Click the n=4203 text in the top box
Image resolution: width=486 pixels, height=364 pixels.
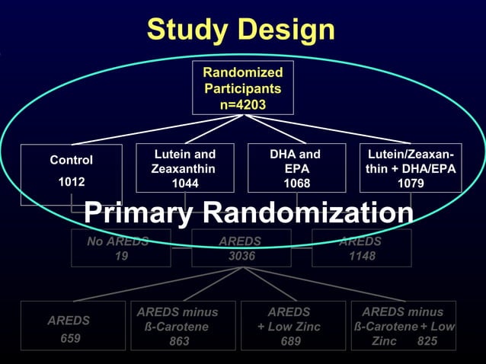pyautogui.click(x=243, y=104)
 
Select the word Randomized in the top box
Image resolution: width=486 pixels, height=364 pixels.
pyautogui.click(x=243, y=72)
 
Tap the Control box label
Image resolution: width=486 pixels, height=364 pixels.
pyautogui.click(x=72, y=160)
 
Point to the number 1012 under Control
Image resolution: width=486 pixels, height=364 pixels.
pyautogui.click(x=72, y=182)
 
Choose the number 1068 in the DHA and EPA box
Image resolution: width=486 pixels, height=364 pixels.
pyautogui.click(x=296, y=184)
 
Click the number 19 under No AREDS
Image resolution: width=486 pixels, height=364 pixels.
pyautogui.click(x=120, y=257)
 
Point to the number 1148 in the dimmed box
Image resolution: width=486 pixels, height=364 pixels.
pyautogui.click(x=361, y=257)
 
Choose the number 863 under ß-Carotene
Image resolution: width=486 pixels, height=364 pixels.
pyautogui.click(x=180, y=341)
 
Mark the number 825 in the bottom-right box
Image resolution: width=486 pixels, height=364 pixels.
pyautogui.click(x=427, y=341)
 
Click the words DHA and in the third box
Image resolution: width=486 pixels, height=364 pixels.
pyautogui.click(x=296, y=154)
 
